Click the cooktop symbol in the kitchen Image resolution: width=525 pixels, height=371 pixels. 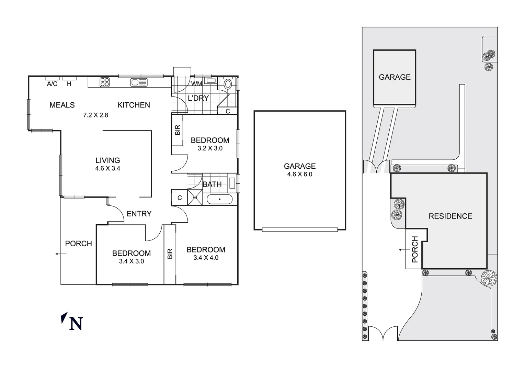pyautogui.click(x=105, y=82)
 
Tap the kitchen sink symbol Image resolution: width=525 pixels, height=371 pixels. pyautogui.click(x=139, y=82)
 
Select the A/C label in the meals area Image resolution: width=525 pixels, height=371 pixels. pyautogui.click(x=52, y=84)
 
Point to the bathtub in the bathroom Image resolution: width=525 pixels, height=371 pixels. pyautogui.click(x=219, y=199)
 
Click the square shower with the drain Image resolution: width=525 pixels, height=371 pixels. pyautogui.click(x=195, y=198)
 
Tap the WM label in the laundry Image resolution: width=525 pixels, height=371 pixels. pyautogui.click(x=196, y=84)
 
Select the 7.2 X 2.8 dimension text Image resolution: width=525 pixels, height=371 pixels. pyautogui.click(x=95, y=115)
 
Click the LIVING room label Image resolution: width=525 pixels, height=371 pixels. pyautogui.click(x=107, y=160)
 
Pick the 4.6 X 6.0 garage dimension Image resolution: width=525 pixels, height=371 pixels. pyautogui.click(x=299, y=174)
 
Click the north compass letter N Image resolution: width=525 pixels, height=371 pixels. pyautogui.click(x=76, y=324)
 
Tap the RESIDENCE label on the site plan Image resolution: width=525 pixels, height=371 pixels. pyautogui.click(x=450, y=216)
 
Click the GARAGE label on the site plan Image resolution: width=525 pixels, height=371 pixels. pyautogui.click(x=395, y=77)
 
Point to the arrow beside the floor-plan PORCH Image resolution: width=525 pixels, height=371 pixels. pyautogui.click(x=60, y=254)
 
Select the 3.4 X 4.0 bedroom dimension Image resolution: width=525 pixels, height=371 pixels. pyautogui.click(x=206, y=258)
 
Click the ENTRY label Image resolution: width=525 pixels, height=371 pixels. pyautogui.click(x=139, y=214)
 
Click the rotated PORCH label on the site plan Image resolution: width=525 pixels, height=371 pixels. pyautogui.click(x=414, y=249)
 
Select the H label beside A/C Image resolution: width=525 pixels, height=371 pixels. pyautogui.click(x=69, y=84)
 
